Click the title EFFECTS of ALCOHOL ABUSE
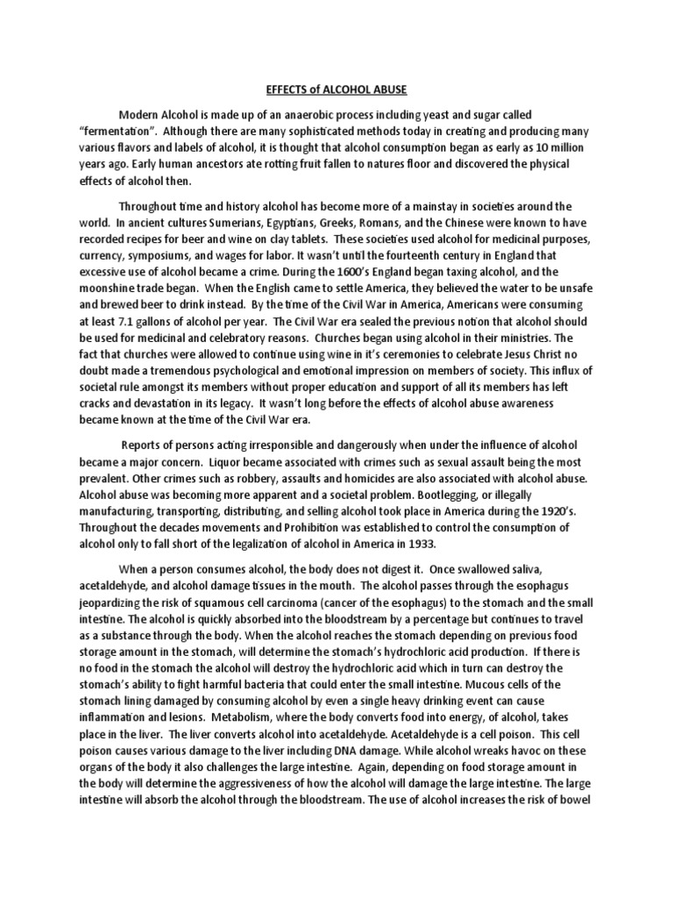pos(336,90)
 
